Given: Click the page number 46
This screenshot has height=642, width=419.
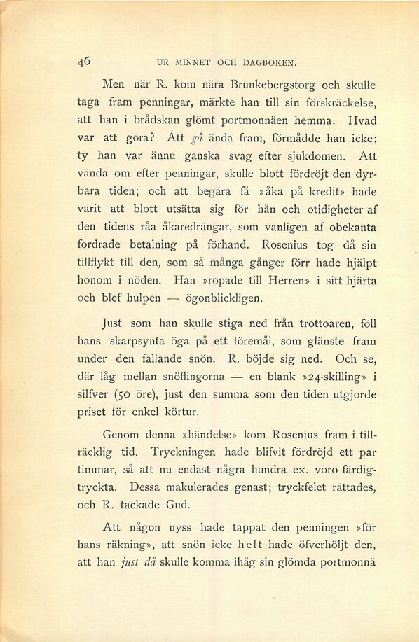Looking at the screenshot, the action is [x=84, y=61].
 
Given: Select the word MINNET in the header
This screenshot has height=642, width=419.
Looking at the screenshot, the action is [x=186, y=62].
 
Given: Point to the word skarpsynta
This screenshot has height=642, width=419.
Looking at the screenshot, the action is [x=136, y=341].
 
